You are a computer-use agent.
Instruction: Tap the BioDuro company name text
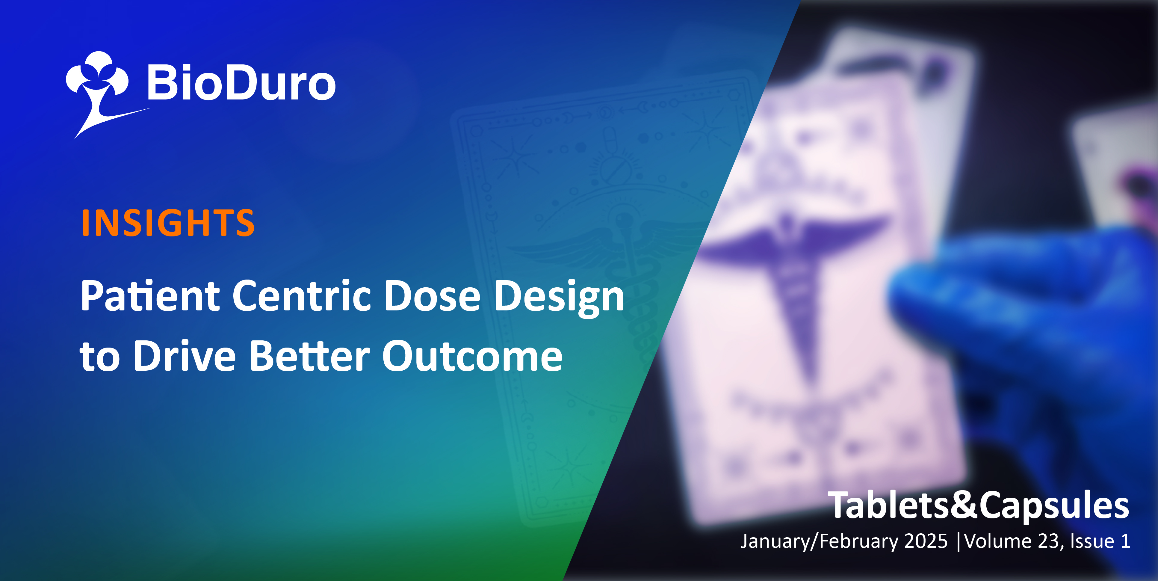click(x=241, y=83)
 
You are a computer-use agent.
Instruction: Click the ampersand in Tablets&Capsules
click(x=964, y=505)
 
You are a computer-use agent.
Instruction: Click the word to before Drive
click(x=100, y=357)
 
